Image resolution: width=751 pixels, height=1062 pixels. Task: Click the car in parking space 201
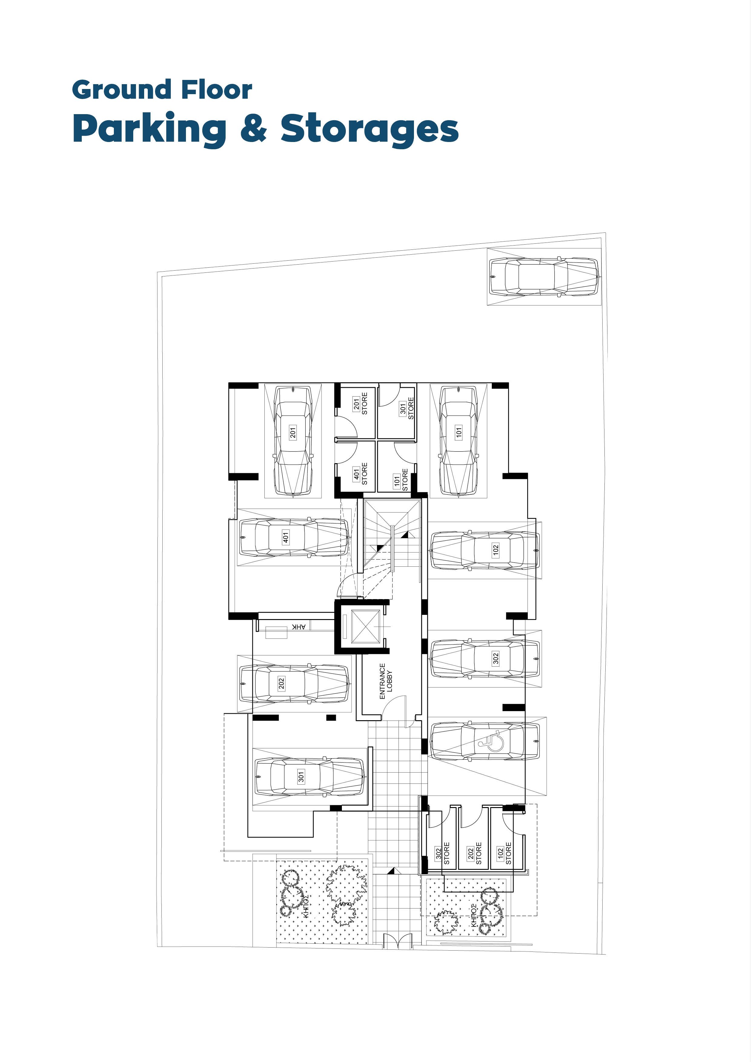[293, 441]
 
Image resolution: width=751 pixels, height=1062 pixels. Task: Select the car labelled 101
[458, 441]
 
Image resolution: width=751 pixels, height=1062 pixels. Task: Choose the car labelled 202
[294, 683]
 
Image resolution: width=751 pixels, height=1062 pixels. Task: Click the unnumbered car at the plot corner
[544, 277]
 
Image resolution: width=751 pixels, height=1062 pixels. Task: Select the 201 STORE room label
[360, 404]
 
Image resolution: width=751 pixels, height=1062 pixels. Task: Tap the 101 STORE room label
[401, 480]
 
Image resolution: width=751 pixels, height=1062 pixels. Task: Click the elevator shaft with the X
[366, 627]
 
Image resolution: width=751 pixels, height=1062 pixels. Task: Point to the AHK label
[299, 627]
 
